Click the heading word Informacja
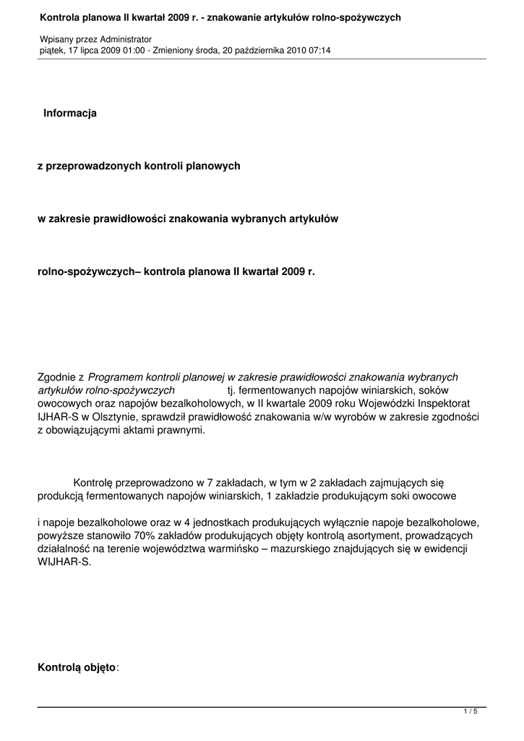pyautogui.click(x=69, y=113)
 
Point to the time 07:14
pyautogui.click(x=319, y=50)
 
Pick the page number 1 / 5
pyautogui.click(x=471, y=712)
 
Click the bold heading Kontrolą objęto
pyautogui.click(x=76, y=668)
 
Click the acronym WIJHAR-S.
pyautogui.click(x=64, y=562)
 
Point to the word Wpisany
pyautogui.click(x=56, y=38)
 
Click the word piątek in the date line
pyautogui.click(x=51, y=50)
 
